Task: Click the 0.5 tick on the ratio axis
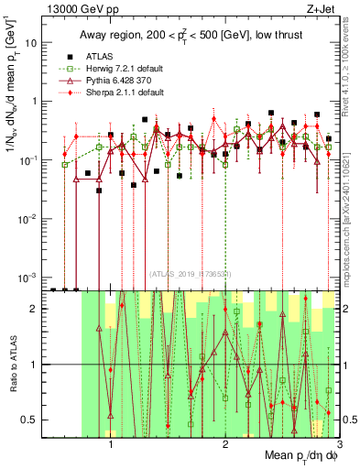[x=30, y=420]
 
